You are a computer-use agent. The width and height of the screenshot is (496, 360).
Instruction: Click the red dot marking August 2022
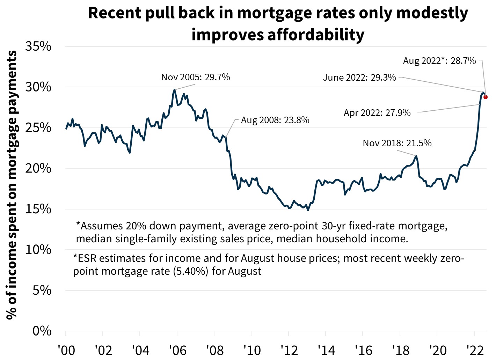(486, 97)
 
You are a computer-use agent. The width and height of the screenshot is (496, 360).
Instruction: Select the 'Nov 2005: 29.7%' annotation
(196, 77)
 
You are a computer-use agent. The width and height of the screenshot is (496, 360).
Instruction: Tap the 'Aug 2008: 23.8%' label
(275, 120)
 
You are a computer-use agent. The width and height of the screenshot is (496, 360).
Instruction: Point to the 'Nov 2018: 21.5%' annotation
(397, 143)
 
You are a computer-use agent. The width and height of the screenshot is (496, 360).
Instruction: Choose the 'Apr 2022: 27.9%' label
(377, 113)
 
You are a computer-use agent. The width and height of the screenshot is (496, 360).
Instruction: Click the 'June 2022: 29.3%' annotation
(359, 78)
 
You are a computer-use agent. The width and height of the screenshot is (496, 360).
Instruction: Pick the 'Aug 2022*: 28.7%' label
(439, 61)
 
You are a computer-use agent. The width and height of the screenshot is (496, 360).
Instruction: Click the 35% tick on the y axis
(38, 46)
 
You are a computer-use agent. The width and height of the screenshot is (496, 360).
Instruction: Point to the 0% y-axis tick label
(42, 331)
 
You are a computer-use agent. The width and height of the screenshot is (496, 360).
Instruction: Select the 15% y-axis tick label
(38, 209)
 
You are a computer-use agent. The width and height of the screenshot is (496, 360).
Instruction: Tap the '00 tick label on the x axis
(66, 350)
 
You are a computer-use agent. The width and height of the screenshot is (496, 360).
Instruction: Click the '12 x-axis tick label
(289, 350)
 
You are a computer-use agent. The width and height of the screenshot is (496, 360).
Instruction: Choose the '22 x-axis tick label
(475, 350)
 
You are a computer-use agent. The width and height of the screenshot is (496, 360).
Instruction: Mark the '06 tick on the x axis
(177, 350)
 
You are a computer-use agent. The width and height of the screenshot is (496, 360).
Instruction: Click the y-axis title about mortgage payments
(12, 185)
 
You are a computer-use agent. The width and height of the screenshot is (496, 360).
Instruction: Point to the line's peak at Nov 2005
(174, 90)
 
